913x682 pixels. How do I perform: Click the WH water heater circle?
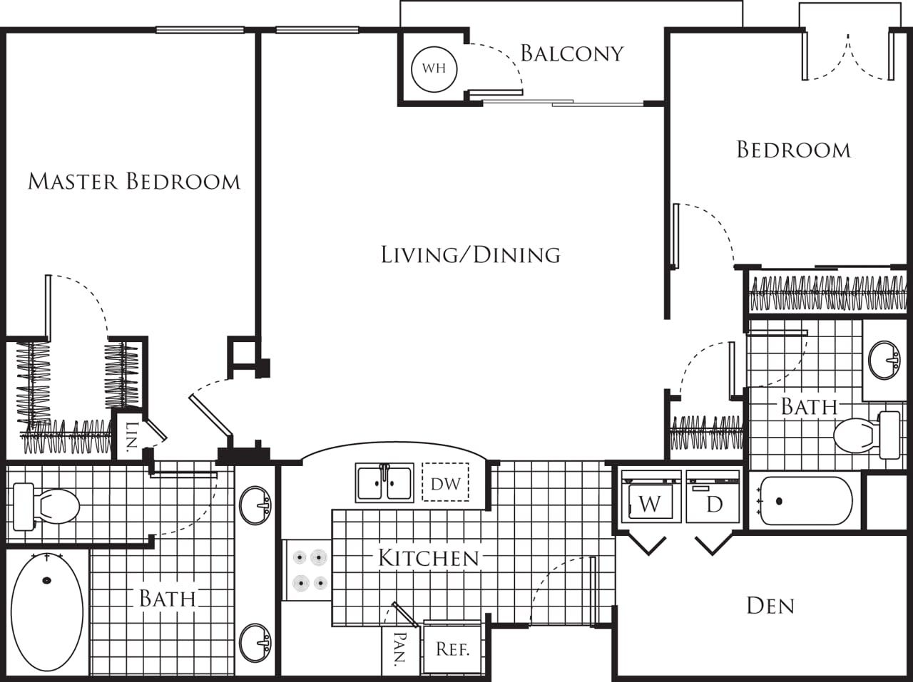434,68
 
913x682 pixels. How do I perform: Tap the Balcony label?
571,53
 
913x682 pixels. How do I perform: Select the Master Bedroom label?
134,181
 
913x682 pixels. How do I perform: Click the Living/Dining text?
470,254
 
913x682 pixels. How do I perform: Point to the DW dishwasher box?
445,483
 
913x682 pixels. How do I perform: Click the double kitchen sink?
384,483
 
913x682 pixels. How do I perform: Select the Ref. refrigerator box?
453,649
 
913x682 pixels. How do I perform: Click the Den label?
770,606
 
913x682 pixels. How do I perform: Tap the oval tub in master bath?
47,611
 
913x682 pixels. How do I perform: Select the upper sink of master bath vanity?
255,505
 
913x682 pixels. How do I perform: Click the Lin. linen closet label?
131,437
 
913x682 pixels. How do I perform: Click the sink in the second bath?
884,360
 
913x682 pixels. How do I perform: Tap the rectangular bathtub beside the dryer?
805,501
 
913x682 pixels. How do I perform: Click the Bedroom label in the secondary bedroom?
793,150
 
